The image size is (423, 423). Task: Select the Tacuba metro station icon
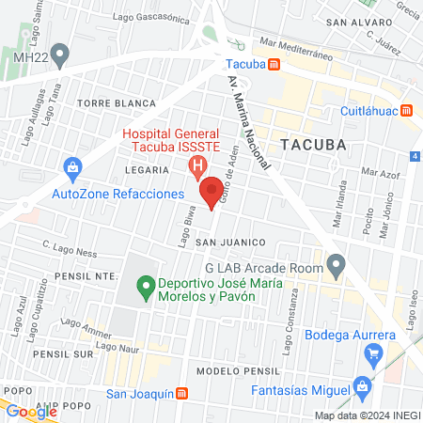click(274, 65)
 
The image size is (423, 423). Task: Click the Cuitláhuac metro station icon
click(406, 109)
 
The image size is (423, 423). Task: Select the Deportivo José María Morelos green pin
click(145, 283)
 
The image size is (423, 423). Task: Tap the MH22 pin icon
click(61, 53)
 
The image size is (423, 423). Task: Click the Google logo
click(30, 411)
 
